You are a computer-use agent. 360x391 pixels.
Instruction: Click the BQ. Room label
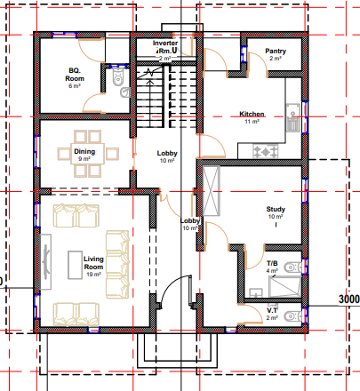pyautogui.click(x=75, y=74)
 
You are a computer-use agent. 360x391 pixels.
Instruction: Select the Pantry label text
pyautogui.click(x=276, y=52)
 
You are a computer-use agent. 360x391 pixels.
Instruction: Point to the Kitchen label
pyautogui.click(x=253, y=114)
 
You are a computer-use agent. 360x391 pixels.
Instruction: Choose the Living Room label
pyautogui.click(x=94, y=263)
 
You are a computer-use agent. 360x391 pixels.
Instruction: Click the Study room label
pyautogui.click(x=276, y=210)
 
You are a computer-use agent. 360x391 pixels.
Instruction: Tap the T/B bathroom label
pyautogui.click(x=273, y=264)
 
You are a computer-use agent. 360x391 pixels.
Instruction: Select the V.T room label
pyautogui.click(x=273, y=310)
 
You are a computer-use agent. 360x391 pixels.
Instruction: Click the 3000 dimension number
pyautogui.click(x=347, y=300)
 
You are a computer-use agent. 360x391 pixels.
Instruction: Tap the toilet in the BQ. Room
pyautogui.click(x=120, y=82)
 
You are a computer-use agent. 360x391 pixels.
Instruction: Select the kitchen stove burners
pyautogui.click(x=264, y=152)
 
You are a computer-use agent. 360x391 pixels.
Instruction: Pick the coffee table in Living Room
pyautogui.click(x=73, y=264)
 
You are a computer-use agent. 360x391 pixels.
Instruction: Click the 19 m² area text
pyautogui.click(x=93, y=275)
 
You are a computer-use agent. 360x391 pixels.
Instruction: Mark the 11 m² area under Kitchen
pyautogui.click(x=252, y=122)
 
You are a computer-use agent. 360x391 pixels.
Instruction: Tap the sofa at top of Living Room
pyautogui.click(x=76, y=215)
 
